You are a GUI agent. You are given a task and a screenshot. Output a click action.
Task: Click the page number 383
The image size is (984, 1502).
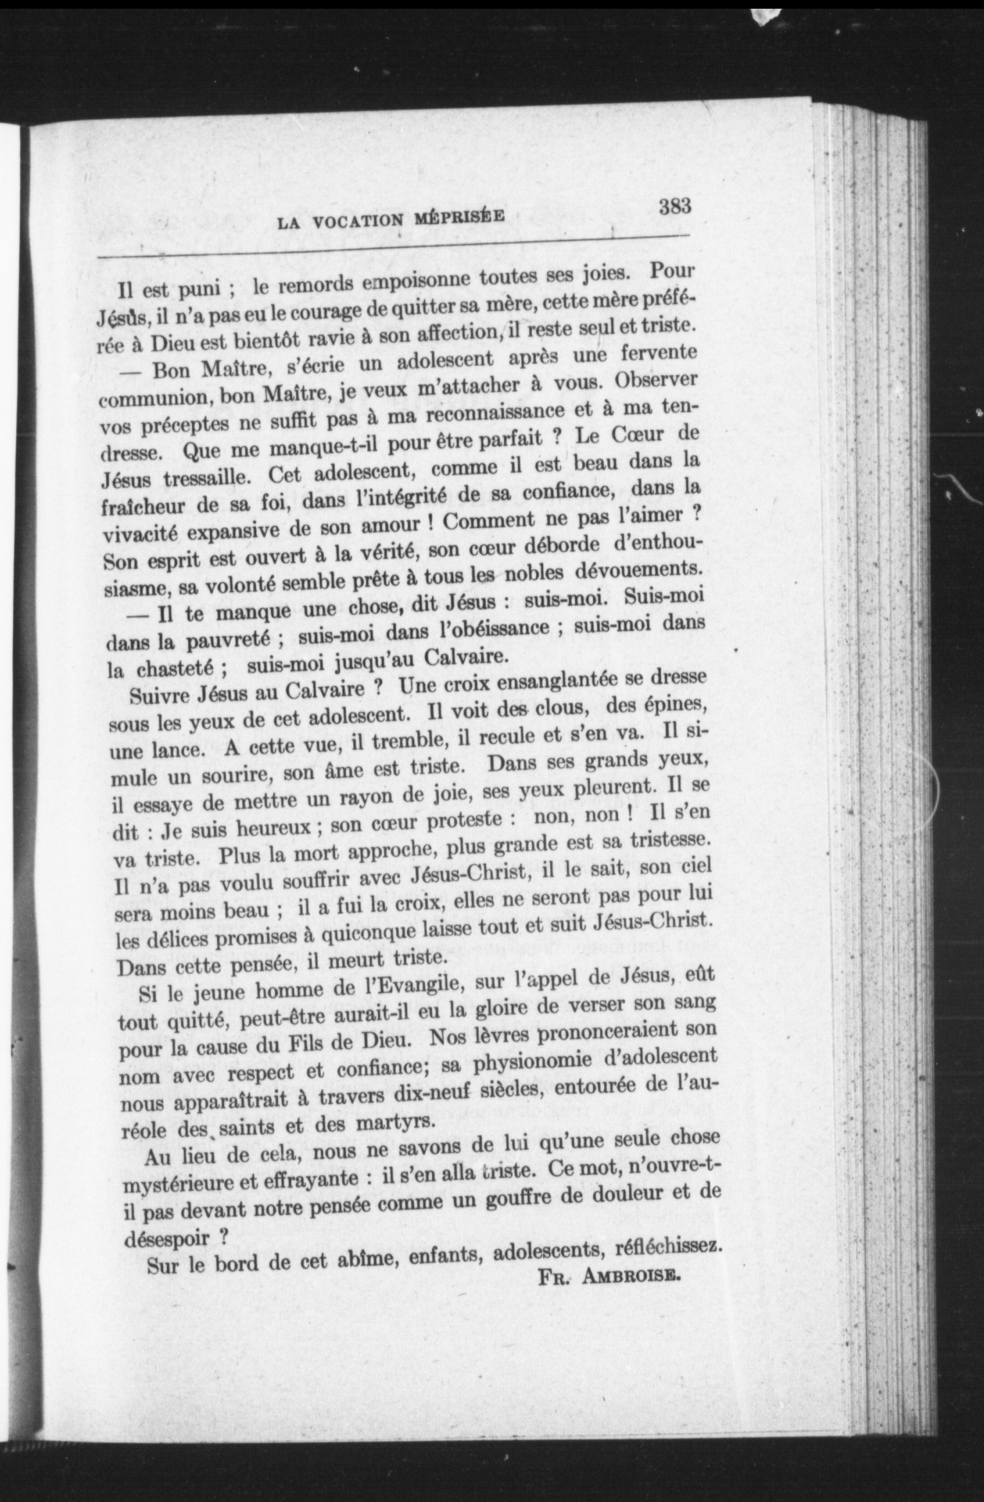pyautogui.click(x=675, y=206)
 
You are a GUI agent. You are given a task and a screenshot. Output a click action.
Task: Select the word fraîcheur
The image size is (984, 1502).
pyautogui.click(x=144, y=506)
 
